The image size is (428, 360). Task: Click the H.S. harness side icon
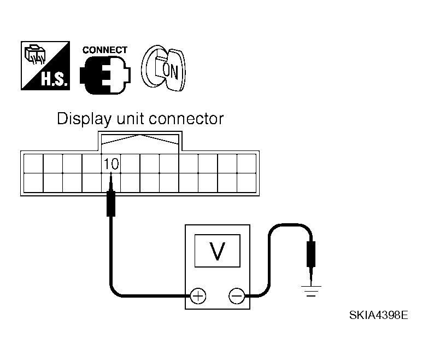pos(46,65)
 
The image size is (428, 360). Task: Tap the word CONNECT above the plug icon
pos(104,50)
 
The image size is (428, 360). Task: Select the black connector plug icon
pos(104,74)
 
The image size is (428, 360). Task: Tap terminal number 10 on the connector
pos(111,163)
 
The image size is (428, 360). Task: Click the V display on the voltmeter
pos(218,251)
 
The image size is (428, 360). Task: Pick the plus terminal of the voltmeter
pos(198,297)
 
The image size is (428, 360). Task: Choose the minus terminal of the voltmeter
pos(236,297)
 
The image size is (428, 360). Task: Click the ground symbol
pos(311,290)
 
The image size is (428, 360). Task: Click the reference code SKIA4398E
pos(378,316)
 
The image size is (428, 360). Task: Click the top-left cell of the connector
pos(33,163)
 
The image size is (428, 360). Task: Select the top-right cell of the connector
pos(247,163)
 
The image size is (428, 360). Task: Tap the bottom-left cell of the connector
pos(33,182)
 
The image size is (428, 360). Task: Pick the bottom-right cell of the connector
pos(247,182)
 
